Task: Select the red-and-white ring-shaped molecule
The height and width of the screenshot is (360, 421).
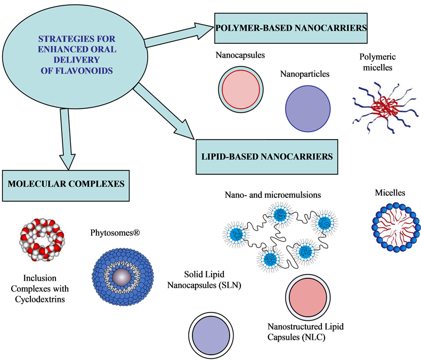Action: coord(41,238)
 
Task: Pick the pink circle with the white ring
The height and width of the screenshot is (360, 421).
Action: coord(308,297)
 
